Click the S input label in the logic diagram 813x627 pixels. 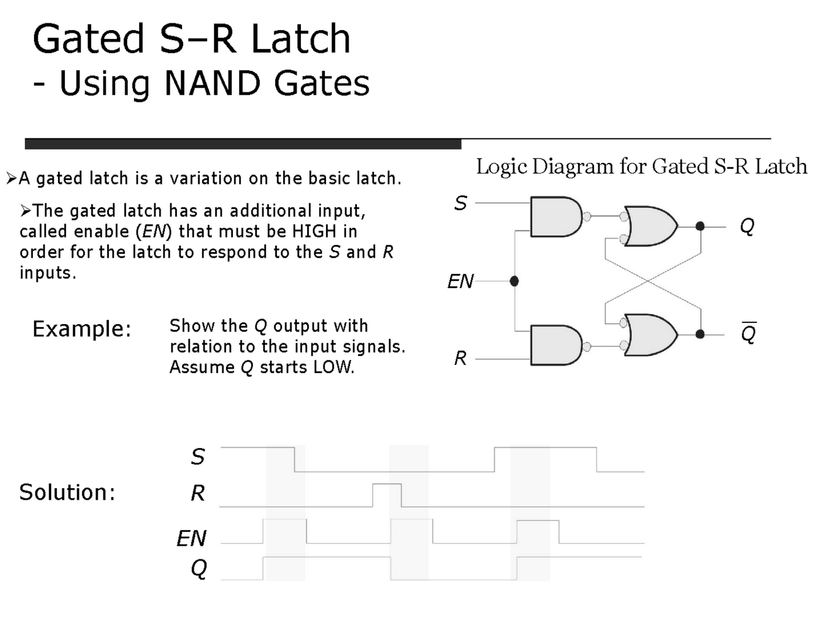[461, 204]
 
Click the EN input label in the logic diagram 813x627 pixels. [461, 281]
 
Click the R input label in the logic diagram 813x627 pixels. [461, 358]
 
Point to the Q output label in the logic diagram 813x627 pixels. [747, 226]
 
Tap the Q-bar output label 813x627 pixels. [748, 334]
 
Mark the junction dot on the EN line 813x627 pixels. [514, 281]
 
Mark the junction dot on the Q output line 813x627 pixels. [700, 226]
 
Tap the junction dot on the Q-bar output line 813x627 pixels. [700, 334]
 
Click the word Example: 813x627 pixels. [82, 329]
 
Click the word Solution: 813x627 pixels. [68, 493]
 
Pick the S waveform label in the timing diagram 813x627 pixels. [198, 457]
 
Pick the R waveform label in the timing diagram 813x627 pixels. [198, 493]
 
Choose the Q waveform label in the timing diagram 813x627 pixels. [199, 568]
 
